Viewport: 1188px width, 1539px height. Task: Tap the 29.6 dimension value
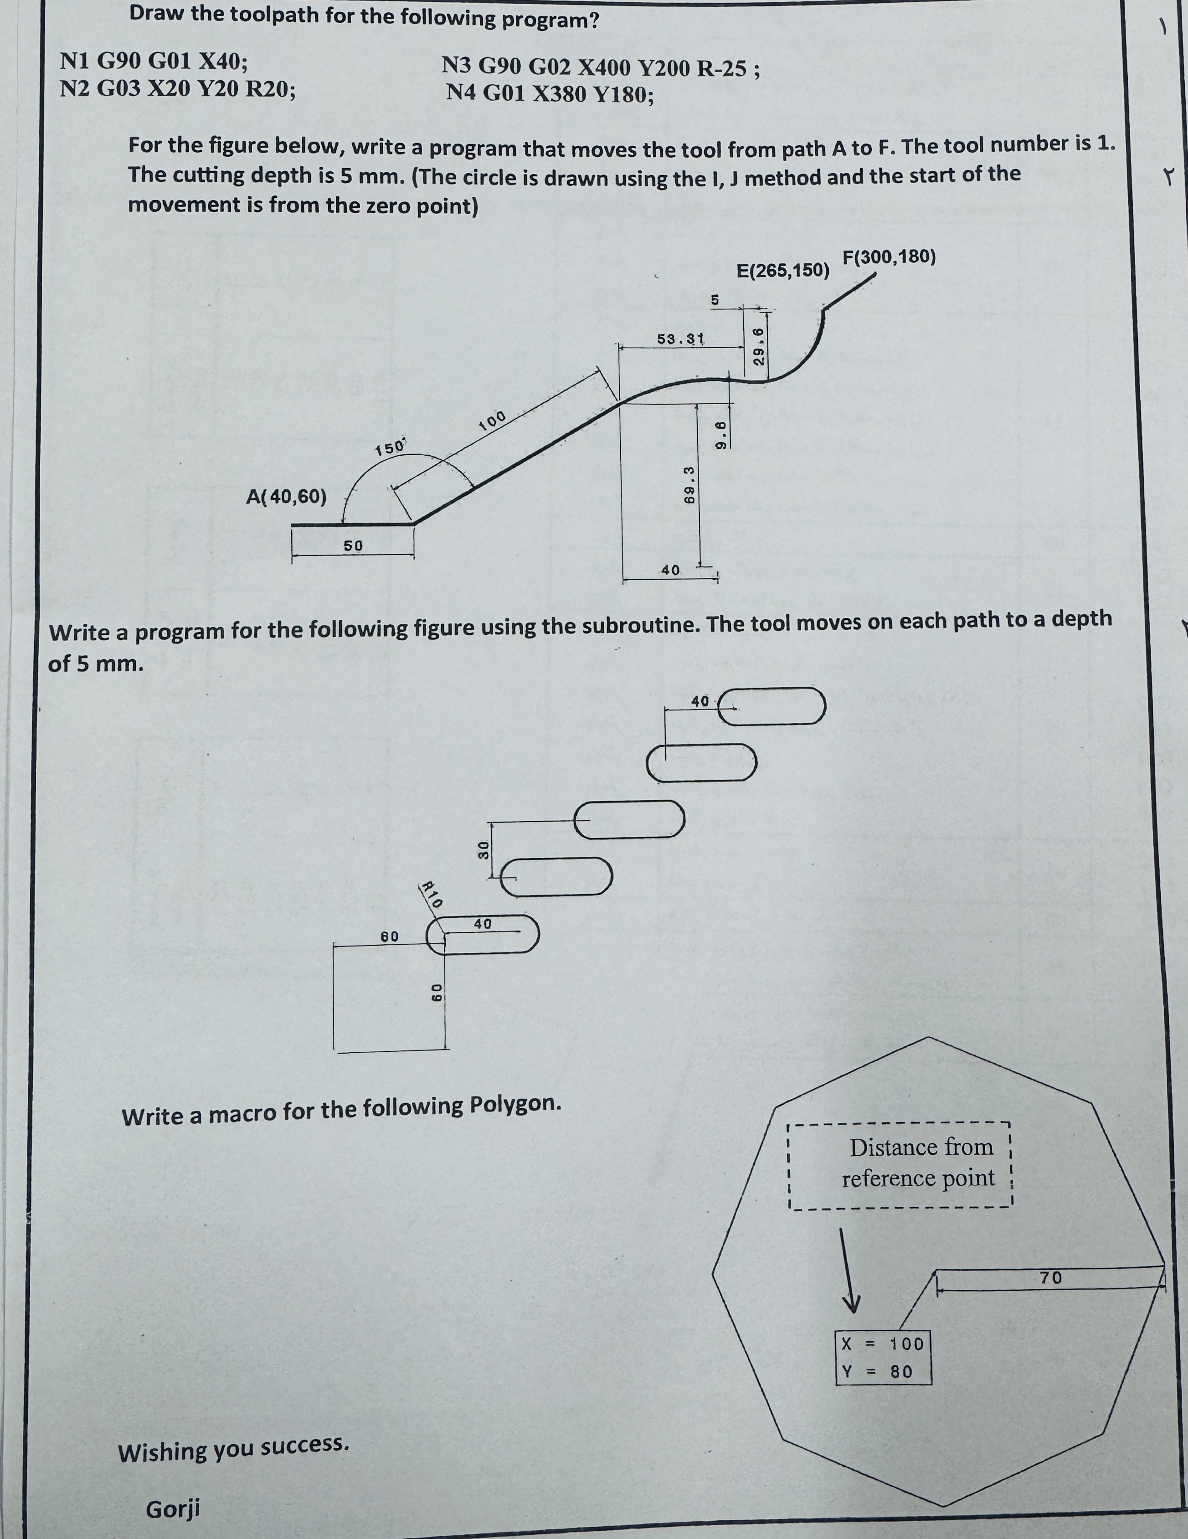(x=759, y=346)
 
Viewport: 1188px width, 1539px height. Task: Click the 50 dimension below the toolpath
(x=353, y=546)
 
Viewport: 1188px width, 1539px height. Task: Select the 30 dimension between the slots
(x=484, y=850)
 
